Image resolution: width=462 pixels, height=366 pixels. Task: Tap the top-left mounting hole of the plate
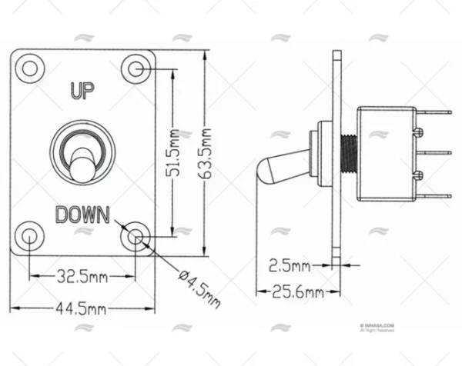click(29, 68)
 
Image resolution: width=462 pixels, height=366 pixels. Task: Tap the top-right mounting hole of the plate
click(137, 68)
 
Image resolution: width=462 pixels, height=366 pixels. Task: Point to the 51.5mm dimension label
click(177, 153)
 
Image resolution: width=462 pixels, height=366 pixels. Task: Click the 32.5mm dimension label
click(82, 275)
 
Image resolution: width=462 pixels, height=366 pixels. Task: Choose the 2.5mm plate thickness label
click(290, 266)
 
